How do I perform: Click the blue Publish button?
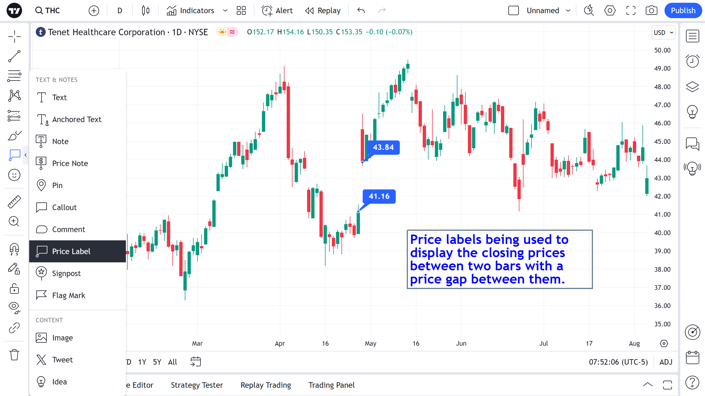683,11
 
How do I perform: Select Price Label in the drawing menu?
71,251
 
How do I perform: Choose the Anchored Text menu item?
77,119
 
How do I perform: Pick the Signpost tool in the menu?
66,273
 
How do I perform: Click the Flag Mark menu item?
69,295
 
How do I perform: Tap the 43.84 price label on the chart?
383,147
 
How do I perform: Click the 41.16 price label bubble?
379,196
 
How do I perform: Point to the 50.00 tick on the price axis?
662,50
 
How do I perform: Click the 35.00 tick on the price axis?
662,324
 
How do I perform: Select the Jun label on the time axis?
461,343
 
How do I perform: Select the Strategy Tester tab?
197,385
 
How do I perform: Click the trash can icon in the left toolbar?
14,355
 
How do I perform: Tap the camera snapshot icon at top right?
651,11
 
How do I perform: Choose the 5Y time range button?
157,362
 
